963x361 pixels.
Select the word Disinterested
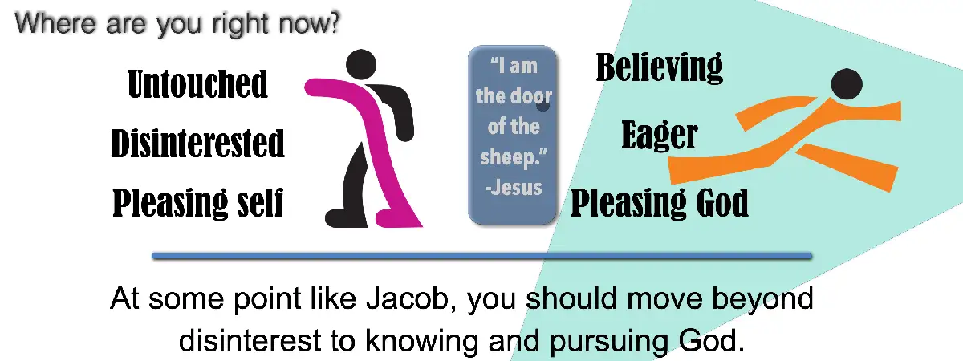coord(197,144)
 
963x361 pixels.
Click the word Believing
coord(659,68)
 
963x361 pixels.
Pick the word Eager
coord(659,136)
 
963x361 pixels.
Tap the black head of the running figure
coord(846,83)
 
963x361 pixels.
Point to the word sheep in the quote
coord(506,157)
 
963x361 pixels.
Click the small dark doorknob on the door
coord(543,104)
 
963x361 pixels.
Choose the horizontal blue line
coord(481,256)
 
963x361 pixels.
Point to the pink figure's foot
coord(397,218)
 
